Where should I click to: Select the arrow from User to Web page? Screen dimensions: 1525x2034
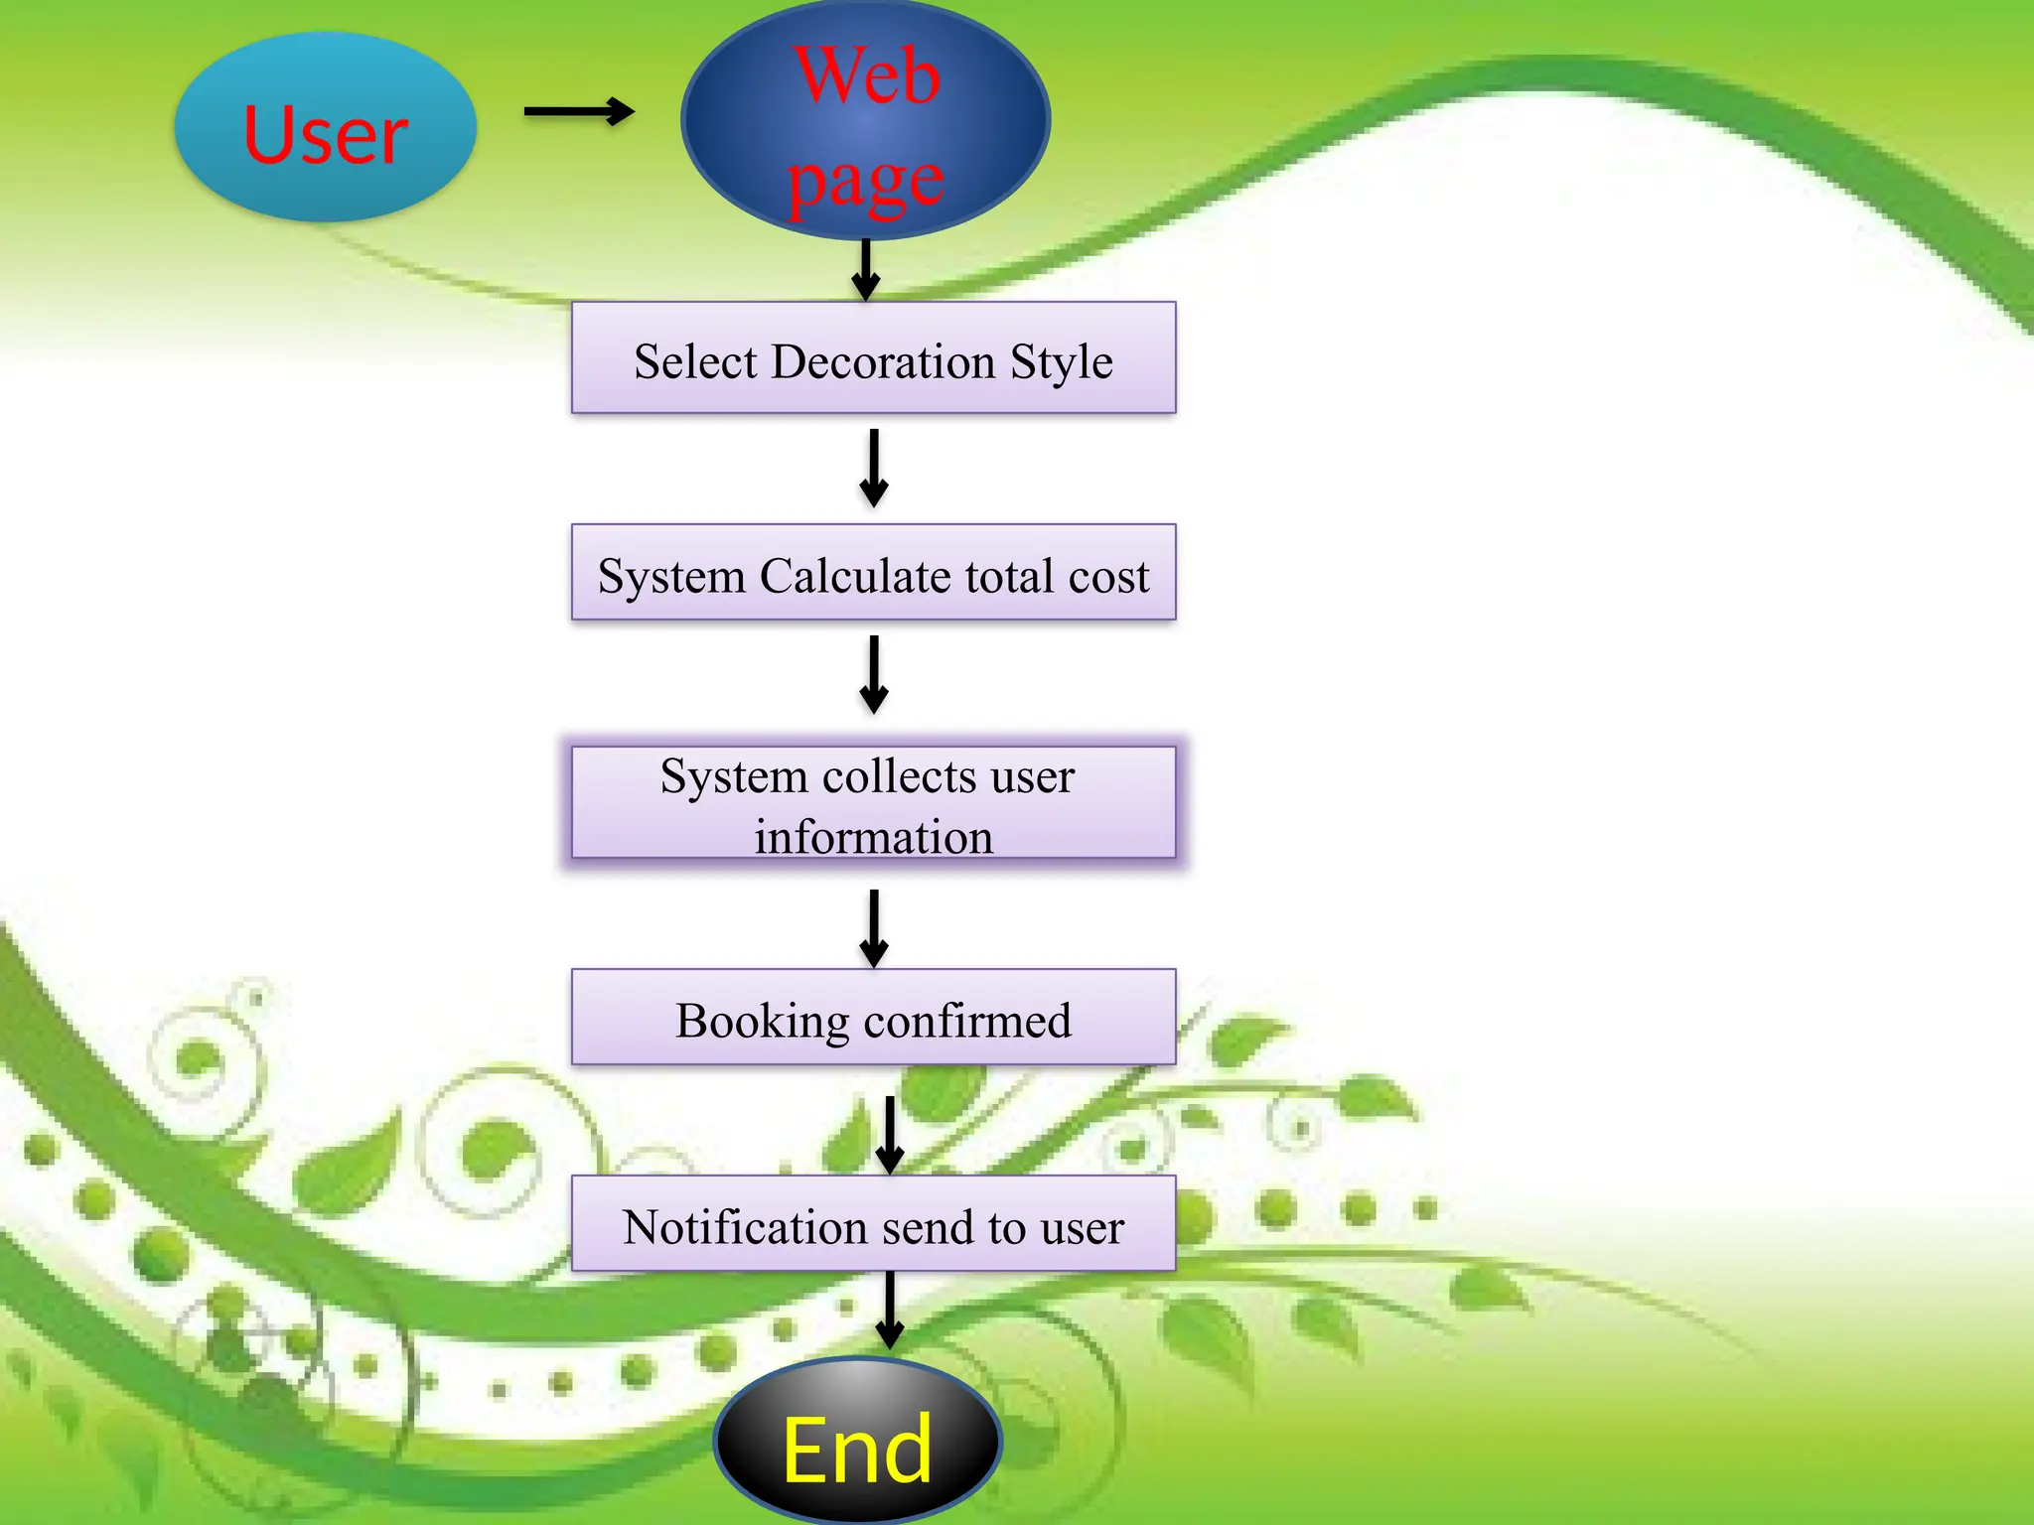[579, 111]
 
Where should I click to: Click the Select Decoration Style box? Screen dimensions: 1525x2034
[873, 358]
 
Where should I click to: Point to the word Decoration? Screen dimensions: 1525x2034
[883, 361]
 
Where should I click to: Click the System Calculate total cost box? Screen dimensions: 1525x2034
[873, 573]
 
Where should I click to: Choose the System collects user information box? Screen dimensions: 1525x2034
[873, 803]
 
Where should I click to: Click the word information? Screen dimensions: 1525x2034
[873, 836]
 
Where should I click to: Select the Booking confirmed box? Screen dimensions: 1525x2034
[873, 1018]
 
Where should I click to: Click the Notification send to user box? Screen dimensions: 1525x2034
[873, 1224]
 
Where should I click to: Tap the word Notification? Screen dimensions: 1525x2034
[744, 1227]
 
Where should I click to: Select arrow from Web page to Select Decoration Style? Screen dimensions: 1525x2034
[866, 269]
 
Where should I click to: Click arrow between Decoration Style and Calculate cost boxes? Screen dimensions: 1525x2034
[873, 468]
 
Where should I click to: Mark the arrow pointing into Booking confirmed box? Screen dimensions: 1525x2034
[873, 928]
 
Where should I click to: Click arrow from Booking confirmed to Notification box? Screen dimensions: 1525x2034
[889, 1135]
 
